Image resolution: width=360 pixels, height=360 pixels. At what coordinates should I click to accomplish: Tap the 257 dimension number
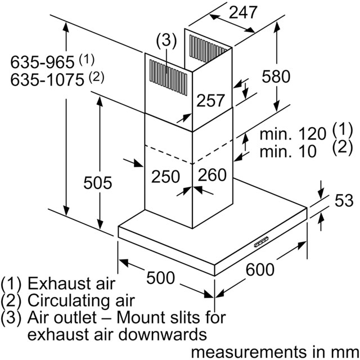click(211, 101)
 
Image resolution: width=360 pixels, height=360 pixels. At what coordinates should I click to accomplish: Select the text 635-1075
click(47, 80)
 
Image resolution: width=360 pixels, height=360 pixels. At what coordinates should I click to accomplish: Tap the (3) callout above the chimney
click(166, 40)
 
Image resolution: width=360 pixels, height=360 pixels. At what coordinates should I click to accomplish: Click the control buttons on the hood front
click(263, 242)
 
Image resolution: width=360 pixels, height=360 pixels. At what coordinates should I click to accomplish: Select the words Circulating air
click(83, 300)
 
